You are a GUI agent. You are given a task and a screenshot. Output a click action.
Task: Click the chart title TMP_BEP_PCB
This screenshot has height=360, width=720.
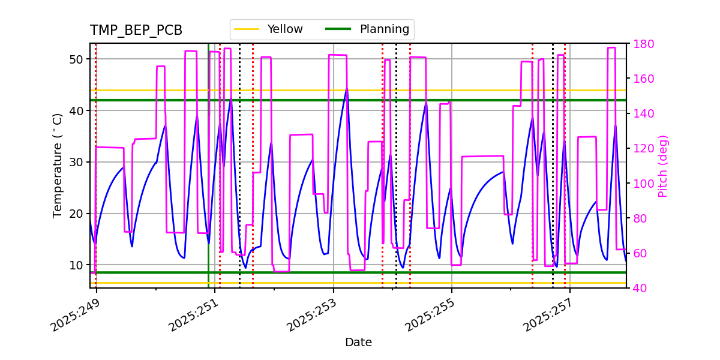pos(136,31)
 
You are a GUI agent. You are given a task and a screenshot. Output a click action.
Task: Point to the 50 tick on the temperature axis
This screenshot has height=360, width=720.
pos(76,59)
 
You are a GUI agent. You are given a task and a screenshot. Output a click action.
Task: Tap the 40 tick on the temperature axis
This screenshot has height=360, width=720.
pos(76,111)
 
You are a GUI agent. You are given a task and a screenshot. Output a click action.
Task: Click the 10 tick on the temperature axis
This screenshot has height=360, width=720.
pos(76,265)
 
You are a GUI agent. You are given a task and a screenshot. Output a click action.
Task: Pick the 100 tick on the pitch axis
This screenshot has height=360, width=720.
pos(643,184)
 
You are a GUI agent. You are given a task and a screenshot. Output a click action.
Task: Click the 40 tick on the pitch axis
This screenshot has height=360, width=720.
pos(640,288)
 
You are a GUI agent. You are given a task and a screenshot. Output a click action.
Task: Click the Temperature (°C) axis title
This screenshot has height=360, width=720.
pos(58,166)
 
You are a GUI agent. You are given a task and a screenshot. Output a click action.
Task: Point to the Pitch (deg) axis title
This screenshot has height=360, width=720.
pos(663,166)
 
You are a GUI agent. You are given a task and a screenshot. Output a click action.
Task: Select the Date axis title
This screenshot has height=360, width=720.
pos(358,343)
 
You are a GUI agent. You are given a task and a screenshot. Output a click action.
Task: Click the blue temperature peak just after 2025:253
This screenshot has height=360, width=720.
pos(346,89)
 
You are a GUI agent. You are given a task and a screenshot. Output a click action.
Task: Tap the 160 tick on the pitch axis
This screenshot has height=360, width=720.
pos(643,79)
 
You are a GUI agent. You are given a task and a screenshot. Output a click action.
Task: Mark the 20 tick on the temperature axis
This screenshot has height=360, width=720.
pos(76,214)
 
